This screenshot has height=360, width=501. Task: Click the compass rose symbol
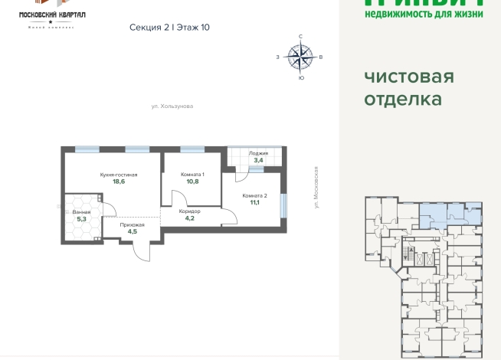pos(300,55)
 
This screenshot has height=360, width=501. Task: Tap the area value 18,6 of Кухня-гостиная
pos(118,182)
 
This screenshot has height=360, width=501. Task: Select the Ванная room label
pos(82,211)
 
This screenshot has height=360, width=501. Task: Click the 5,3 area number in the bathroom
pos(82,219)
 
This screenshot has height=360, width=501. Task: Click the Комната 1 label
pos(192,175)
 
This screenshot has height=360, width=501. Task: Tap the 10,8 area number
pos(192,182)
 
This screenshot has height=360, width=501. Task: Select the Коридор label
pos(189,211)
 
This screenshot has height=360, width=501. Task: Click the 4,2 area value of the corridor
pos(189,218)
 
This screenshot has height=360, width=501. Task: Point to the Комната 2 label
pos(254,195)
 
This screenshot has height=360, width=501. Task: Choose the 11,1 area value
pos(254,203)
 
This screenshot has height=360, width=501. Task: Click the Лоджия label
pos(257,154)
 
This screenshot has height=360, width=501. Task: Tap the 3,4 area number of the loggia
pos(258,161)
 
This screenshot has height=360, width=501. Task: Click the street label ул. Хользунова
pos(172,106)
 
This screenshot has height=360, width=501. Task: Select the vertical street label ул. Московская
pos(315,188)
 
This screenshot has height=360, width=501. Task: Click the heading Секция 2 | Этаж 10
pos(170,27)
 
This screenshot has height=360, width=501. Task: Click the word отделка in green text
pos(403,99)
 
